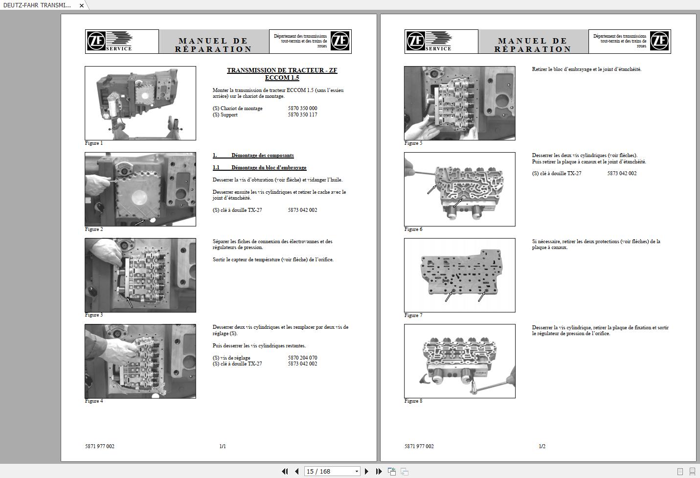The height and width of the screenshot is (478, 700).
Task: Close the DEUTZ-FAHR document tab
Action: pos(82,5)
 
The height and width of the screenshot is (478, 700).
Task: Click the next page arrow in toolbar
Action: pos(366,471)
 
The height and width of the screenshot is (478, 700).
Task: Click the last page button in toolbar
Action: pos(379,471)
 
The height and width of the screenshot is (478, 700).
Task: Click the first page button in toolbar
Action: pos(285,471)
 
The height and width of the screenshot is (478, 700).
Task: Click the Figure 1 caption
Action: pos(94,143)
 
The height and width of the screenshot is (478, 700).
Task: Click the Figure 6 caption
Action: pos(413,229)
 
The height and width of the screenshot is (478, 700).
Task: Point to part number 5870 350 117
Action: pos(302,115)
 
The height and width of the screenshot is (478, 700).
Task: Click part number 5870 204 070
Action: pos(302,358)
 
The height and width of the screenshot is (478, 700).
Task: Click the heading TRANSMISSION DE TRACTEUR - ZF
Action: pos(282,70)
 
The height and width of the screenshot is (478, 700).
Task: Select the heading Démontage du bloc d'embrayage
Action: pos(269,168)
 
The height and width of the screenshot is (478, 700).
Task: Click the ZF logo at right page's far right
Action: pos(659,41)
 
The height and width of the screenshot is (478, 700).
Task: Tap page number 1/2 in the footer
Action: pos(542,446)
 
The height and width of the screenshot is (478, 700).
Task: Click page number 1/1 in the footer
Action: pos(223,446)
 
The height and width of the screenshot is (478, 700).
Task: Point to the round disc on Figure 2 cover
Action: pos(139,197)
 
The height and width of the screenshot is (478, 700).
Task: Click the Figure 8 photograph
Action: pos(459,361)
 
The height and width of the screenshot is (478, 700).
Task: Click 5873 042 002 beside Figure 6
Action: pos(622,174)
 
